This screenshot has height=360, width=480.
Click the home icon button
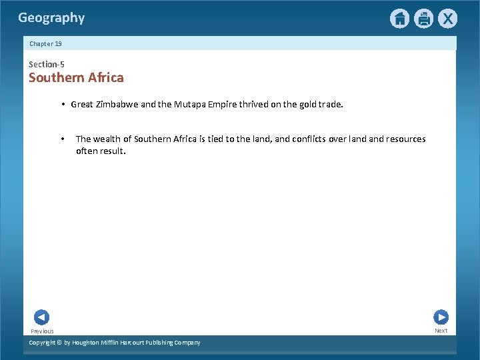[x=399, y=19]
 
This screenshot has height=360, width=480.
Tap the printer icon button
[x=423, y=19]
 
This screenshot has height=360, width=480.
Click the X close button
[x=447, y=19]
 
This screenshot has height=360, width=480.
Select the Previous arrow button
[x=41, y=317]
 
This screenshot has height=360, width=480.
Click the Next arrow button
[x=441, y=317]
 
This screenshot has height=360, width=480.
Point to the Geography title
[x=51, y=18]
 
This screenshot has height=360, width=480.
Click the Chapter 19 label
[x=45, y=43]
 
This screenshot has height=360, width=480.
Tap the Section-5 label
[x=47, y=64]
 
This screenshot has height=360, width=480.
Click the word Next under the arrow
[x=441, y=331]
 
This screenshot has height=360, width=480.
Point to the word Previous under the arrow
[x=42, y=331]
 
